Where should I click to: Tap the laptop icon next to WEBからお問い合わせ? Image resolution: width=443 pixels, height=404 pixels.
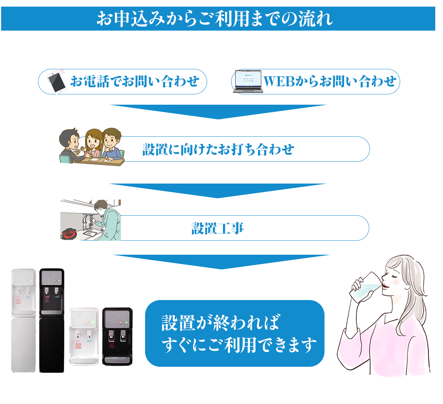tap(248, 81)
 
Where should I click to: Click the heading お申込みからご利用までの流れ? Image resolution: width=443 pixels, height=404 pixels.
tap(214, 18)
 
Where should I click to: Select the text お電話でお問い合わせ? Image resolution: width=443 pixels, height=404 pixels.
tap(135, 81)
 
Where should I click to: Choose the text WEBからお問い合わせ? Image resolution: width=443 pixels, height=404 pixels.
tap(330, 81)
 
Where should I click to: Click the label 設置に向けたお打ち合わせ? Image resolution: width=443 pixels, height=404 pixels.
tap(218, 149)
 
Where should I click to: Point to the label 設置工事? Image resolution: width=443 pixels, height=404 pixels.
tap(217, 228)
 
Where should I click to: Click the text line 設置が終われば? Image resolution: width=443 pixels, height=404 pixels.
tap(220, 323)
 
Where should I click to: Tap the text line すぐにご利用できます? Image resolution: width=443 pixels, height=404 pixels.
tap(239, 345)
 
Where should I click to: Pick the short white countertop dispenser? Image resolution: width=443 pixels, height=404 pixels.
tap(84, 336)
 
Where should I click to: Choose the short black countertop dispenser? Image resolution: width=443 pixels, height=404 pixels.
tap(117, 336)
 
